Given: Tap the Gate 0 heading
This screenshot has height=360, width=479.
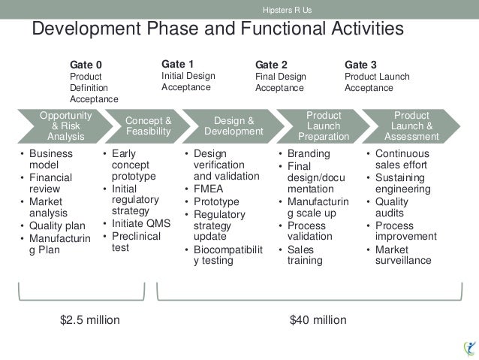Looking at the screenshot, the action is click(86, 65).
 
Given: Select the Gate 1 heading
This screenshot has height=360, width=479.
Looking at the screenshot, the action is click(178, 64).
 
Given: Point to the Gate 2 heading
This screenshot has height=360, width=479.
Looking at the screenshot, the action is click(271, 65).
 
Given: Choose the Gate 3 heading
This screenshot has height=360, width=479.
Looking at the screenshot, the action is click(360, 65).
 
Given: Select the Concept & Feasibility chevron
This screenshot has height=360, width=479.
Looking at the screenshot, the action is click(148, 126).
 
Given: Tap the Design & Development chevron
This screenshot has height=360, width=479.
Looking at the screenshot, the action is click(233, 126).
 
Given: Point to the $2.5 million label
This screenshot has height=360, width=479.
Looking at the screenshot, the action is click(89, 320).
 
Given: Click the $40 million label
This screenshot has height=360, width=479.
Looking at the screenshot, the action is click(318, 320).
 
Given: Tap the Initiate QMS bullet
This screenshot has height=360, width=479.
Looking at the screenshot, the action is click(141, 222).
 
